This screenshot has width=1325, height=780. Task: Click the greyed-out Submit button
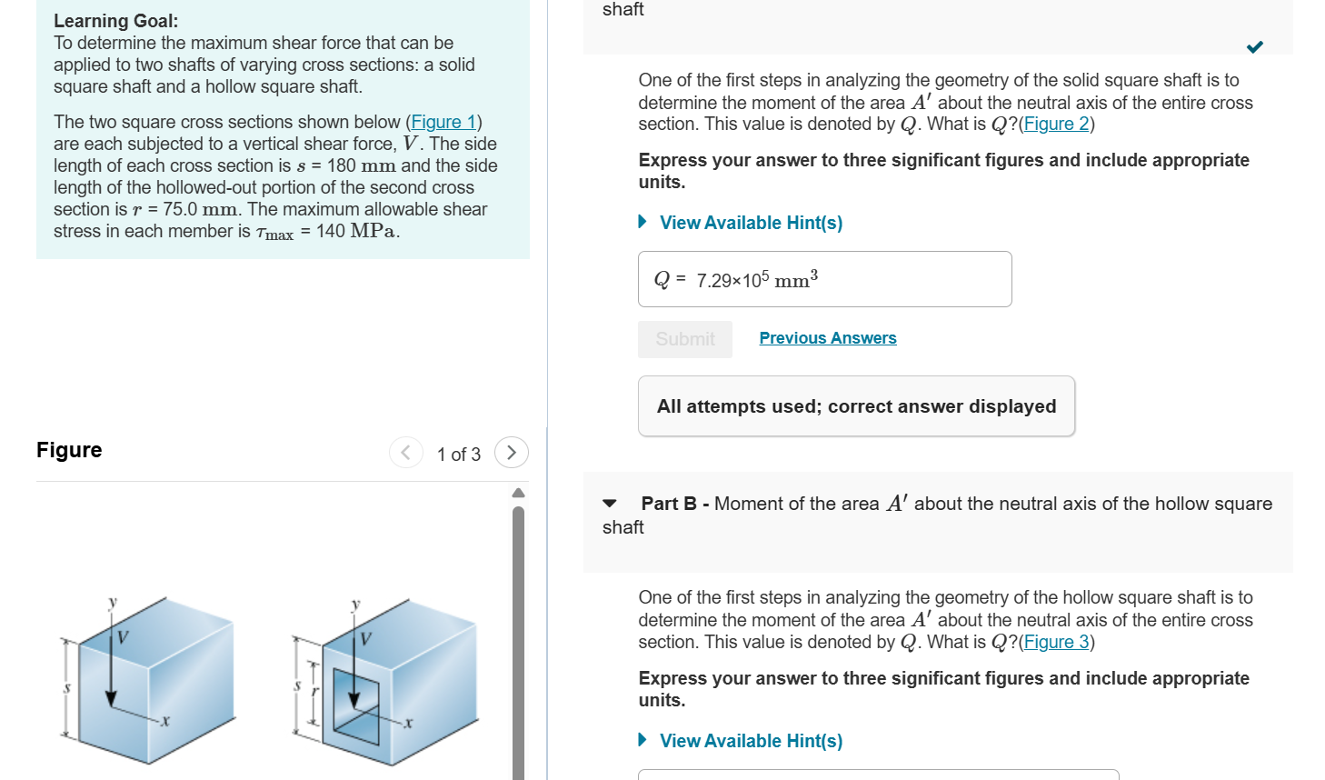(x=685, y=339)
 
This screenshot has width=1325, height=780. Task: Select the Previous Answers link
(x=827, y=338)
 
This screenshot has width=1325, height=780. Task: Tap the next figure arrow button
(x=512, y=453)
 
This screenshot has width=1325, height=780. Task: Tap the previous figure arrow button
(x=405, y=453)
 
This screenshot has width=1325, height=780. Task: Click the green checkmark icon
(x=1254, y=47)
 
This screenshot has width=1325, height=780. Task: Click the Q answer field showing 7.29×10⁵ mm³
(x=824, y=279)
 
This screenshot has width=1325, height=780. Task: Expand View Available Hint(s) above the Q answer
(x=750, y=223)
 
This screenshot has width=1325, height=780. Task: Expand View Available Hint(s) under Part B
(x=750, y=741)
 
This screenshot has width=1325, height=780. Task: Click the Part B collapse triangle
(x=610, y=504)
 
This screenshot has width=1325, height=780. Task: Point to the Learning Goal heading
(x=115, y=21)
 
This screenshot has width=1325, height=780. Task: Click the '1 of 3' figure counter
(x=458, y=455)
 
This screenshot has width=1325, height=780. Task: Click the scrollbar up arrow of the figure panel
(x=518, y=493)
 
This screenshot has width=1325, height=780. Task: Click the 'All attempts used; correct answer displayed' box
(x=856, y=406)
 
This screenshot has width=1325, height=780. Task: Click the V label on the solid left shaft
(x=123, y=636)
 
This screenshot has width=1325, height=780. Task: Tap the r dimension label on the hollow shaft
(x=315, y=692)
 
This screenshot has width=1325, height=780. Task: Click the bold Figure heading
(x=69, y=450)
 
